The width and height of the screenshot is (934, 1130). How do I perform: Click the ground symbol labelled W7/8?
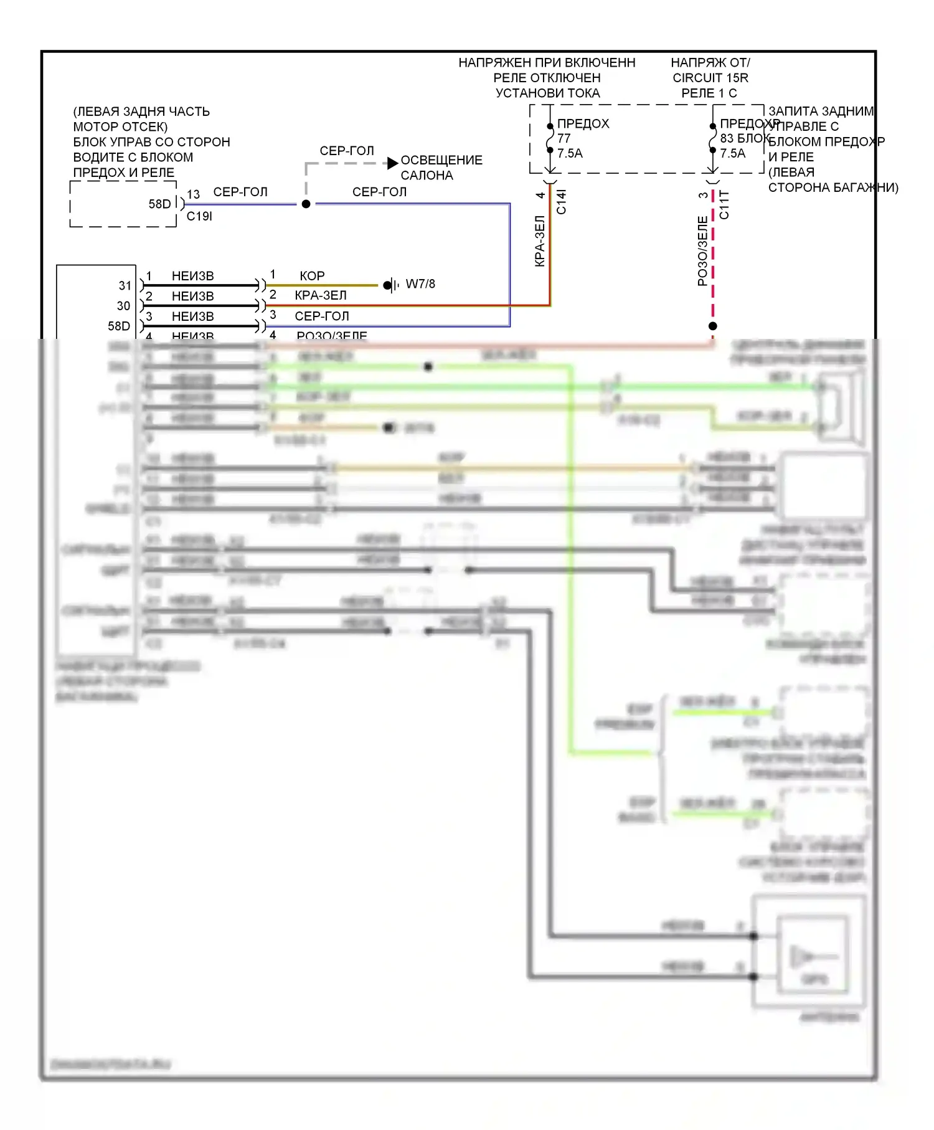click(390, 285)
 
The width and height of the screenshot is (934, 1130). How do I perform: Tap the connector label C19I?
click(199, 216)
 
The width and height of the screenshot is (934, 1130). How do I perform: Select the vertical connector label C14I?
click(561, 202)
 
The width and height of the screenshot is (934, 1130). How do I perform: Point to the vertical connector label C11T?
click(724, 205)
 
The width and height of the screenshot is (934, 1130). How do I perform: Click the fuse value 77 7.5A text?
click(569, 146)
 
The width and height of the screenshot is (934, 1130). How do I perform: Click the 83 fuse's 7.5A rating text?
click(732, 153)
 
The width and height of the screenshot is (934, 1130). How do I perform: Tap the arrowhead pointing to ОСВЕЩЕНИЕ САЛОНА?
click(392, 163)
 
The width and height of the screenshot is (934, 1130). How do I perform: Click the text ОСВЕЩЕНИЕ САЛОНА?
click(441, 168)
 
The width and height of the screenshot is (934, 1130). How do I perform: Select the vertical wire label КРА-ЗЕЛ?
click(540, 241)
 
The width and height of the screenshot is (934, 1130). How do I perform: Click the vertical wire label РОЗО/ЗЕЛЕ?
click(702, 251)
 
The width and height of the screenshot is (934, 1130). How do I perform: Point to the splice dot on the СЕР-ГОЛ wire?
click(306, 204)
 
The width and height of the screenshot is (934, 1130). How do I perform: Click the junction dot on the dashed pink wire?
click(713, 326)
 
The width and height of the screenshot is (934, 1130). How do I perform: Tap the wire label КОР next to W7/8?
click(312, 275)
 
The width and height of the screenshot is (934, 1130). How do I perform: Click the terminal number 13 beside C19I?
click(193, 194)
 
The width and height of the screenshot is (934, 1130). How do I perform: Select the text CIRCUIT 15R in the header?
click(710, 78)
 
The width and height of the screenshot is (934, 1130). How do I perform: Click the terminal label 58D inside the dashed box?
click(159, 204)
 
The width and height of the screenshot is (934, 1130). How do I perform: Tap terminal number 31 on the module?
click(125, 285)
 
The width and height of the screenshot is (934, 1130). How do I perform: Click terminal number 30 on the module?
click(123, 306)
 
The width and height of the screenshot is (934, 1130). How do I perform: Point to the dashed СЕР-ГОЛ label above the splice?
click(347, 151)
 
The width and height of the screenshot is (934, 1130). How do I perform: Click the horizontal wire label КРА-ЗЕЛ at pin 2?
click(320, 295)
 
